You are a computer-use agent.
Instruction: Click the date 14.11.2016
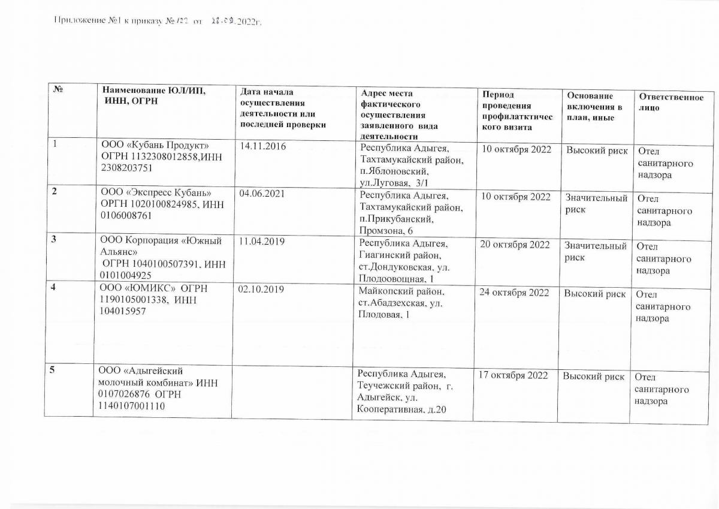(x=261, y=146)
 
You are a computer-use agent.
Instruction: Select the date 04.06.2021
(x=261, y=194)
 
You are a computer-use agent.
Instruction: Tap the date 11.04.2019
(x=261, y=243)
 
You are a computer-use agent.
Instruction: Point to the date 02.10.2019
(x=261, y=290)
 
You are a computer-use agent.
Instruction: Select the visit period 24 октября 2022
(x=515, y=293)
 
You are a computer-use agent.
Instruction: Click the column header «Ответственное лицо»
(x=670, y=103)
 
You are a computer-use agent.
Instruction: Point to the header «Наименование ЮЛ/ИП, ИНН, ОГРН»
(x=153, y=95)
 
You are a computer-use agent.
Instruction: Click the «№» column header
(x=59, y=91)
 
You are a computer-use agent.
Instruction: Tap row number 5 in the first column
(x=53, y=370)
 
